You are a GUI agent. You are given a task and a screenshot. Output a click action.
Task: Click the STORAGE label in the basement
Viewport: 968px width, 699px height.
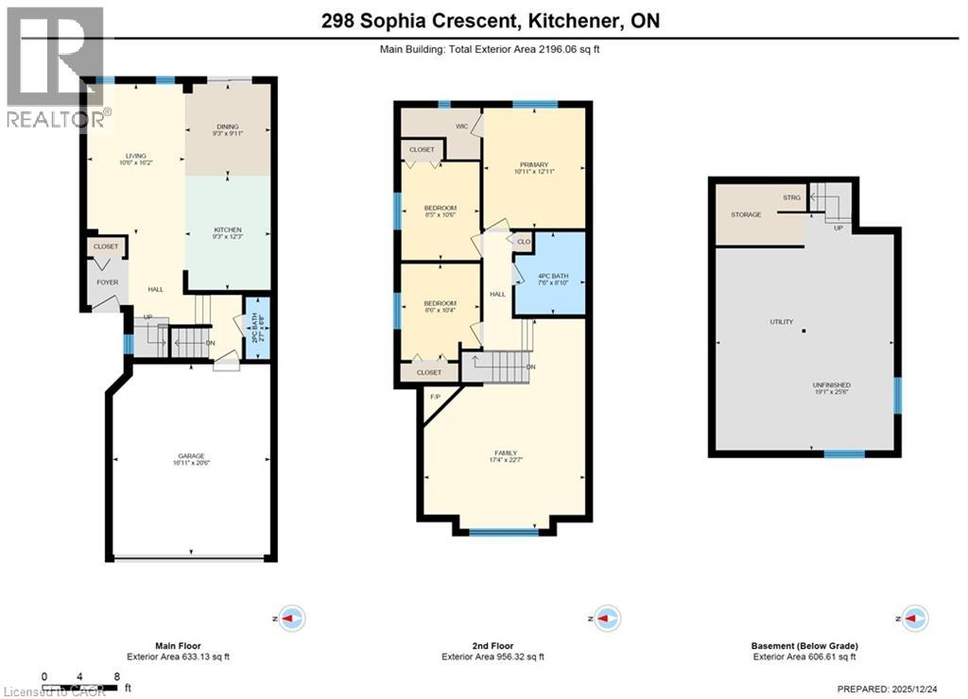coord(746,214)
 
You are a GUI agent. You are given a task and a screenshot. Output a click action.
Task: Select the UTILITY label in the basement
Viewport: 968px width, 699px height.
coord(781,322)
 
